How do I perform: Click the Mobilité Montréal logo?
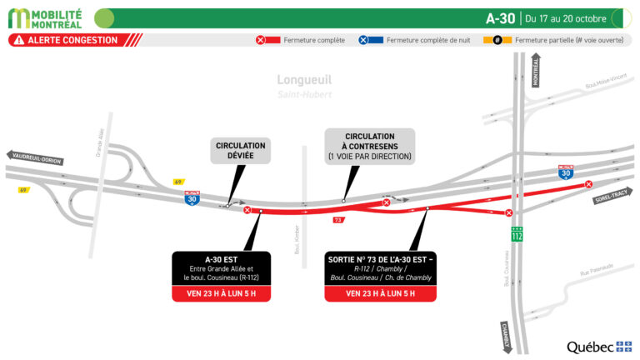tap(46, 17)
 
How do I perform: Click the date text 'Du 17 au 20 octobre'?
tap(566, 18)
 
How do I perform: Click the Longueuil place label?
tap(304, 80)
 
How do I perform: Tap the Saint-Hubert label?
tap(304, 94)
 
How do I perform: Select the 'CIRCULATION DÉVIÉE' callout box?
tap(240, 151)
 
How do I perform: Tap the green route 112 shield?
tap(517, 235)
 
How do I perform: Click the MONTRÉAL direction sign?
tap(535, 72)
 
